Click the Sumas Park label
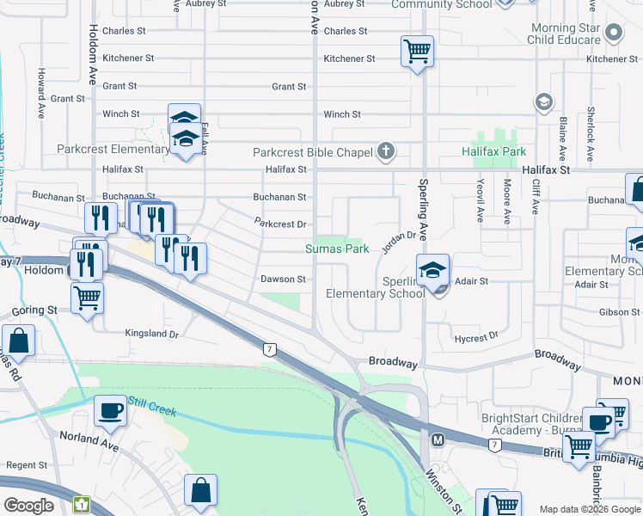click(337, 249)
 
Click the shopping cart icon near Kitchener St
click(417, 51)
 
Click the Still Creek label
click(153, 406)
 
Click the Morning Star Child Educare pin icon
click(613, 34)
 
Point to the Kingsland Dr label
click(151, 334)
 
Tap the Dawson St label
click(284, 279)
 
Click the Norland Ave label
click(89, 441)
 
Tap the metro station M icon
click(438, 439)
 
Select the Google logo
click(29, 505)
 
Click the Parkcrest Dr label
click(280, 224)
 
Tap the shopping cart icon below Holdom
click(87, 298)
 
